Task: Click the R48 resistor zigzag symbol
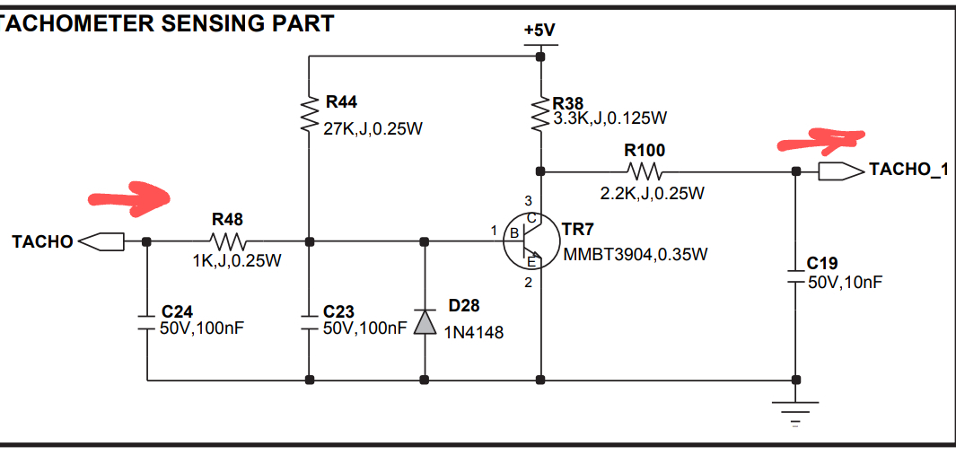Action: click(x=227, y=241)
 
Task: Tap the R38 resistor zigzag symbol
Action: click(x=540, y=113)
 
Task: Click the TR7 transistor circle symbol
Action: click(x=531, y=241)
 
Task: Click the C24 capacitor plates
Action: click(x=146, y=321)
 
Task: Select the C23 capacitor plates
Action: click(x=309, y=321)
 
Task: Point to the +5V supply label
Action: click(x=539, y=30)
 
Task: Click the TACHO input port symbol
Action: click(x=101, y=241)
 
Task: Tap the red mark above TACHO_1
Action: click(x=820, y=139)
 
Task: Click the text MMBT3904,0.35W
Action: click(x=635, y=254)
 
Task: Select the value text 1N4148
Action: click(x=474, y=332)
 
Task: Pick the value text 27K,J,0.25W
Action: click(x=372, y=128)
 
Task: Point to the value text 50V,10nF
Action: click(x=844, y=282)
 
